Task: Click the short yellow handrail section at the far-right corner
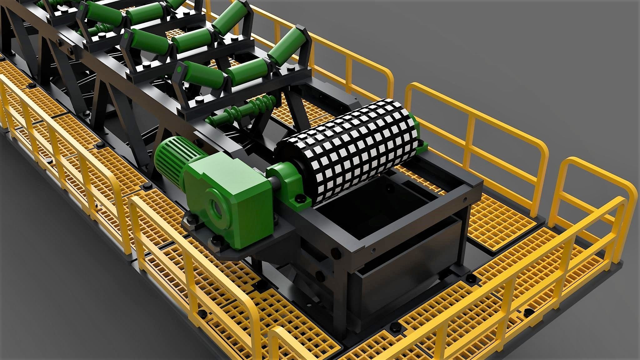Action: (587, 200)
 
